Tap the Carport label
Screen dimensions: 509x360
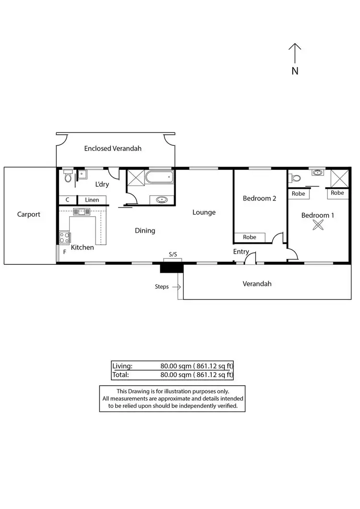coord(29,214)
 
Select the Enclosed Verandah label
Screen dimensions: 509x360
coord(113,148)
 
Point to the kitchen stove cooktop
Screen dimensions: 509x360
coord(64,237)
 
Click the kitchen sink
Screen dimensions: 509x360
coord(82,211)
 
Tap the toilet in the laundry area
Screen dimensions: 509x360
coord(68,178)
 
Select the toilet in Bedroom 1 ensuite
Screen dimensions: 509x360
coord(296,178)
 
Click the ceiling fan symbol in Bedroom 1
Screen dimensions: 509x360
coord(317,226)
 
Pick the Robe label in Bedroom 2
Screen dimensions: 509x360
coord(249,237)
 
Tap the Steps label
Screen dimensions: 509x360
coord(161,287)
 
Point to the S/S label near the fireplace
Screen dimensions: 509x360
coord(173,254)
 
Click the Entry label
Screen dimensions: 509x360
coord(241,251)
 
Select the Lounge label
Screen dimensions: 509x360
coord(204,212)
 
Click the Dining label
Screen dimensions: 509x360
coord(144,231)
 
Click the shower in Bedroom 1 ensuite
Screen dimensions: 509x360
coord(339,178)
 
